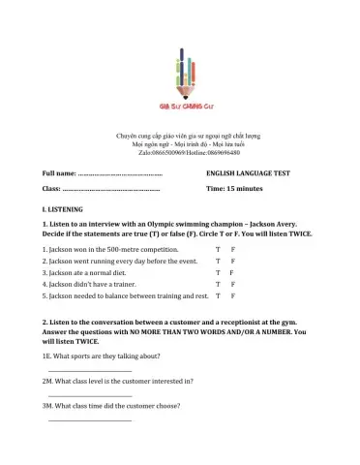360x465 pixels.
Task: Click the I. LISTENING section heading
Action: point(63,209)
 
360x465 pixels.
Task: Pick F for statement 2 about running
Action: point(233,261)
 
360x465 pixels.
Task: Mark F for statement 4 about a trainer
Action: point(233,284)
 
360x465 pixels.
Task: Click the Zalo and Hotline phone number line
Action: point(180,152)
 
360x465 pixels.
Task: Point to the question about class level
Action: point(108,382)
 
